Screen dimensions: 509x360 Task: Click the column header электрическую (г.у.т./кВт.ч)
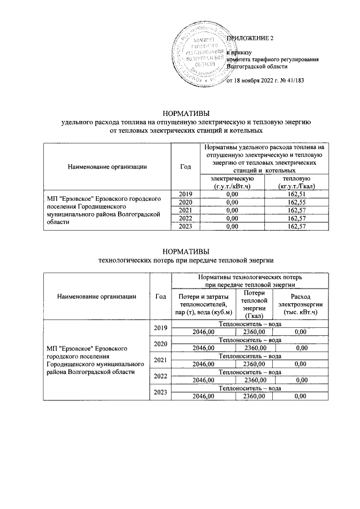232,182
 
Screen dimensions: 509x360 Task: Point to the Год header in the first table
185,166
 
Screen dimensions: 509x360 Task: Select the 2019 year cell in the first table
185,194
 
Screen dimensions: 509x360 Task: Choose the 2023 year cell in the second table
160,393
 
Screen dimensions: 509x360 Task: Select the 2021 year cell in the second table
160,360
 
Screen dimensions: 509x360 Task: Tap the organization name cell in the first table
106,210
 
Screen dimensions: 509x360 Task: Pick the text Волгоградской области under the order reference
253,66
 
